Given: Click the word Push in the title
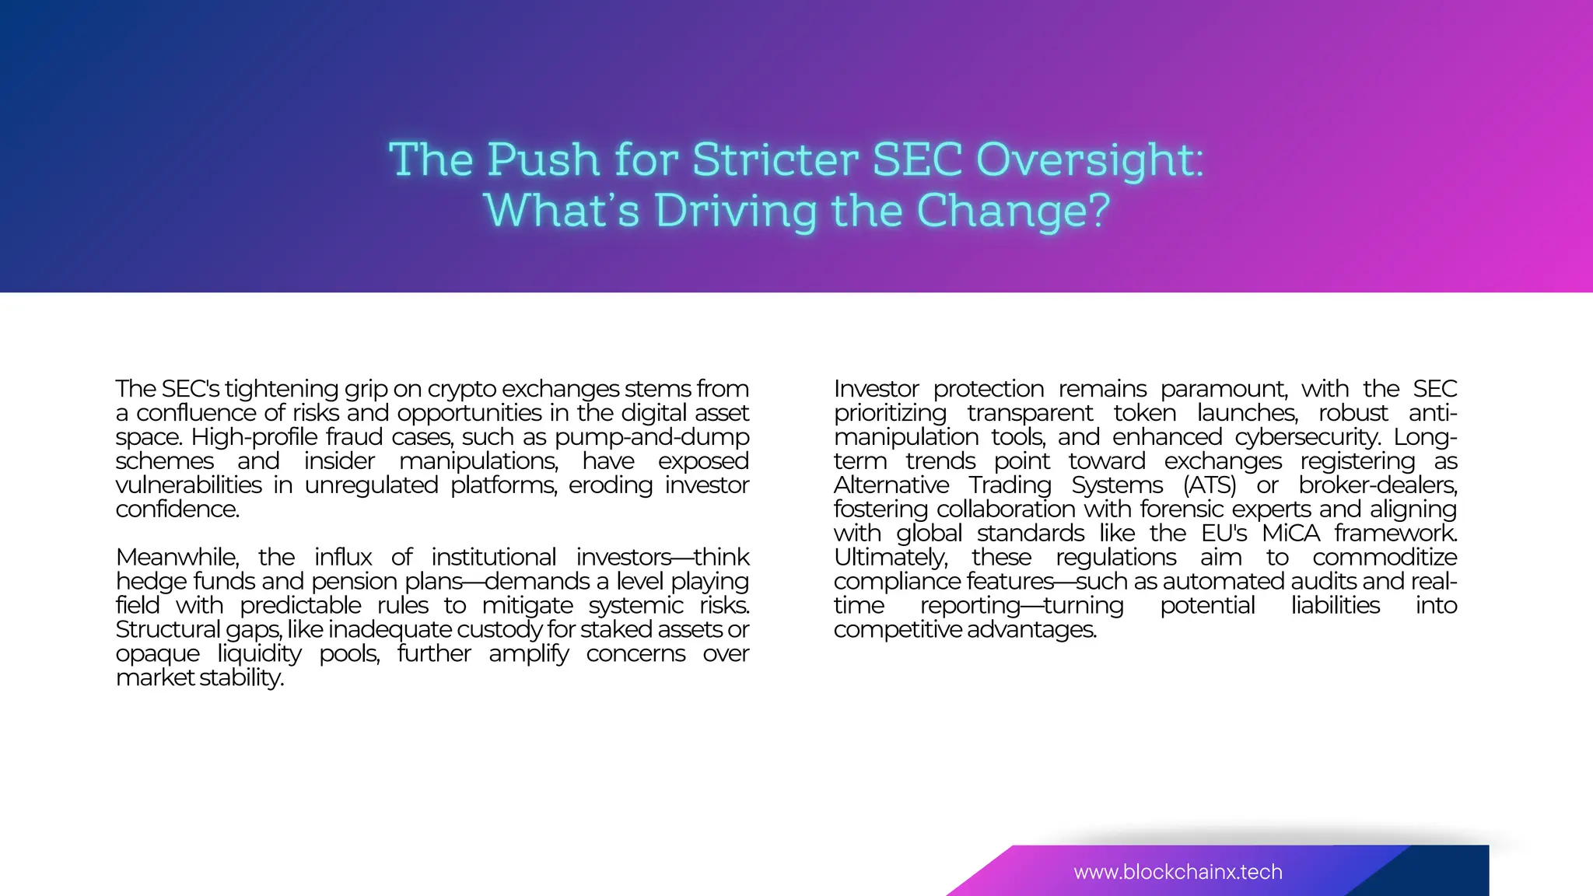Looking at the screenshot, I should (544, 159).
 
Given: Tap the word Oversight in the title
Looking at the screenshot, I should (1088, 161).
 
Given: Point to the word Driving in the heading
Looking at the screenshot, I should (737, 211).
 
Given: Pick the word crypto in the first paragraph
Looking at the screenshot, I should (461, 389).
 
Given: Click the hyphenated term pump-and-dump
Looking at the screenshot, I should (652, 437).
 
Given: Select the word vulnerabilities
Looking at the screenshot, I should (189, 485).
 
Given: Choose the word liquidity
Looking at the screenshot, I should (259, 654).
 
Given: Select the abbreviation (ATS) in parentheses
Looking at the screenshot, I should (1210, 485).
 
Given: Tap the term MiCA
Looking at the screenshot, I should (1291, 534).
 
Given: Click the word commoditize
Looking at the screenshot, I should (1385, 558).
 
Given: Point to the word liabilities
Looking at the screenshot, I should (1336, 606).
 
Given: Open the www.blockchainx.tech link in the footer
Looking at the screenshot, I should (1178, 872).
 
